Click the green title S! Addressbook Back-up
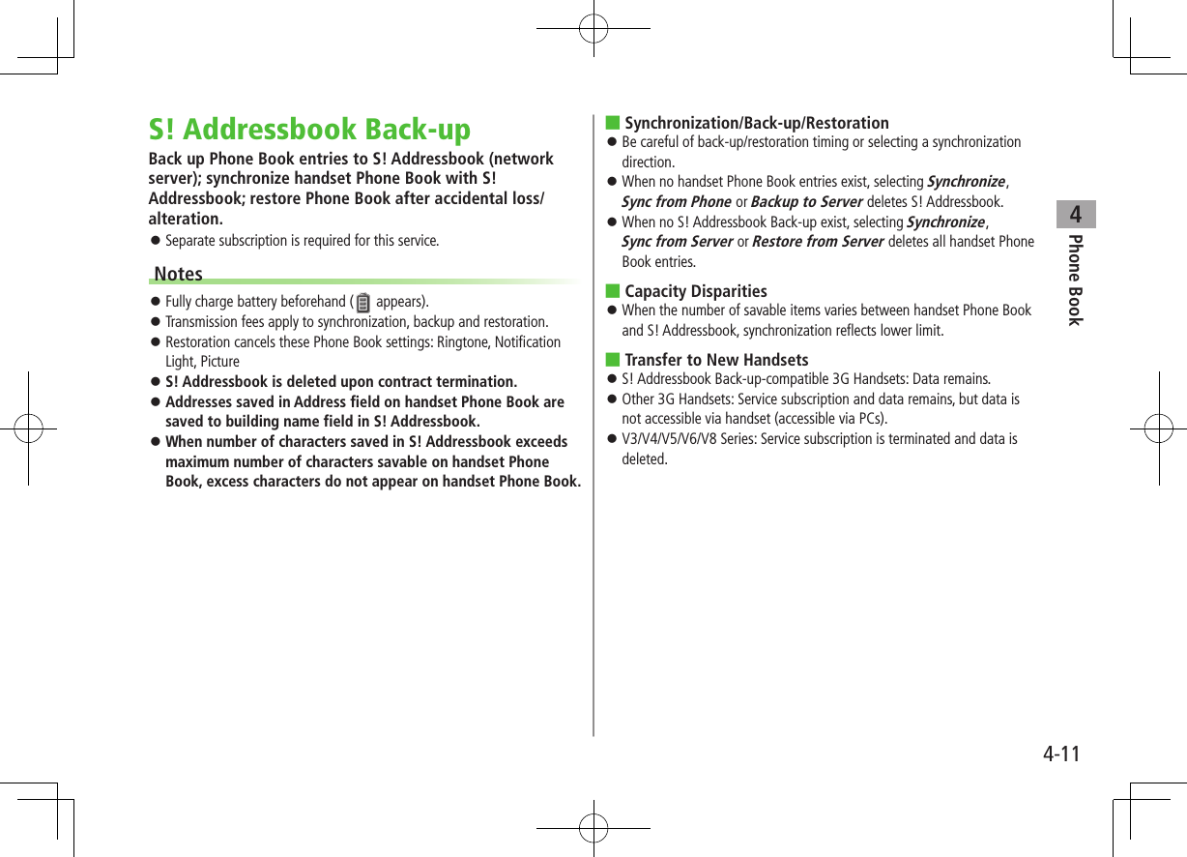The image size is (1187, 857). click(x=309, y=130)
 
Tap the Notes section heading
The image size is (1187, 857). click(x=179, y=274)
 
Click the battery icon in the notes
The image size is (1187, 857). click(x=363, y=303)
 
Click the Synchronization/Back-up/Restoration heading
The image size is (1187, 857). click(x=756, y=123)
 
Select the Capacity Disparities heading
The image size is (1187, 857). click(x=696, y=291)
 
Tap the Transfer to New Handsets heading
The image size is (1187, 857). click(x=716, y=360)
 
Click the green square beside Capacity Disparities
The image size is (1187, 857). click(x=612, y=291)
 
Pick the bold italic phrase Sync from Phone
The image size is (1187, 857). click(x=676, y=201)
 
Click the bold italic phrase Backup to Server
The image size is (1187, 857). click(x=806, y=201)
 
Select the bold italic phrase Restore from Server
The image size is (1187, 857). click(x=818, y=242)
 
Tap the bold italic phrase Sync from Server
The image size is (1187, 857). click(x=677, y=242)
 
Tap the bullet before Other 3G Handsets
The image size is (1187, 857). click(x=612, y=399)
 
